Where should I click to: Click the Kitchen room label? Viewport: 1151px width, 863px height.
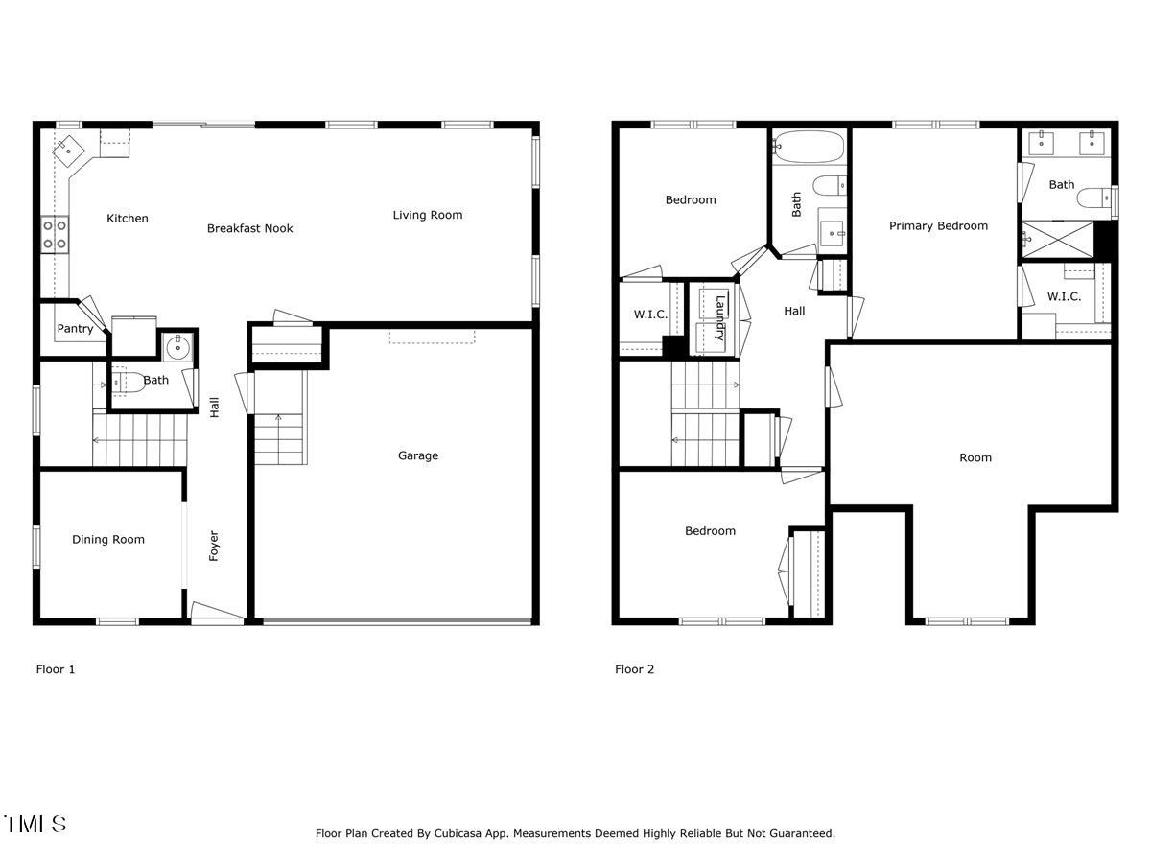pos(128,218)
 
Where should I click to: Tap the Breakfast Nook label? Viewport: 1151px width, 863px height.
pos(249,228)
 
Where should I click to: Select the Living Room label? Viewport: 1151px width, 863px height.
pos(428,215)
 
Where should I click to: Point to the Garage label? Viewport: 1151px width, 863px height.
pos(418,455)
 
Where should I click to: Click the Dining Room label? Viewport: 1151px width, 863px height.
pos(108,540)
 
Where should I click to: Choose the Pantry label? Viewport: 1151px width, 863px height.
pos(75,329)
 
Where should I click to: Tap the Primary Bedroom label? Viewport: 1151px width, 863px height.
pos(938,226)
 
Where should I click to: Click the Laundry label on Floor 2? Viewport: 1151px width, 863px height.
pos(720,318)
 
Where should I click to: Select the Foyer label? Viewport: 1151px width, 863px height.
pos(214,546)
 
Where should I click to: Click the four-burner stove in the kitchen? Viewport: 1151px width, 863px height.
pos(55,235)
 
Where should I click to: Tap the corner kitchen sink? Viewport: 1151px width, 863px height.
pos(68,151)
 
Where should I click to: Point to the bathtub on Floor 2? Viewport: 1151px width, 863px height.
pos(810,147)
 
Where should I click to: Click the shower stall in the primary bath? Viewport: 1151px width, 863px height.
pos(1058,240)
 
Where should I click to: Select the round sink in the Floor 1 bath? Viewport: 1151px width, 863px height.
pos(177,346)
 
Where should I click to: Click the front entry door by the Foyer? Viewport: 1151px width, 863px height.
pos(217,614)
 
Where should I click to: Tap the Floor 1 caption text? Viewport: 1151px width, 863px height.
pos(56,669)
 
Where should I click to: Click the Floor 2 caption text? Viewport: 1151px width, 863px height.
pos(635,669)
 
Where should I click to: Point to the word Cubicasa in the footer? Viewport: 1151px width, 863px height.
pos(458,833)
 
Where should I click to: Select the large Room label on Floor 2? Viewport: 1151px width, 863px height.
pos(975,457)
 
